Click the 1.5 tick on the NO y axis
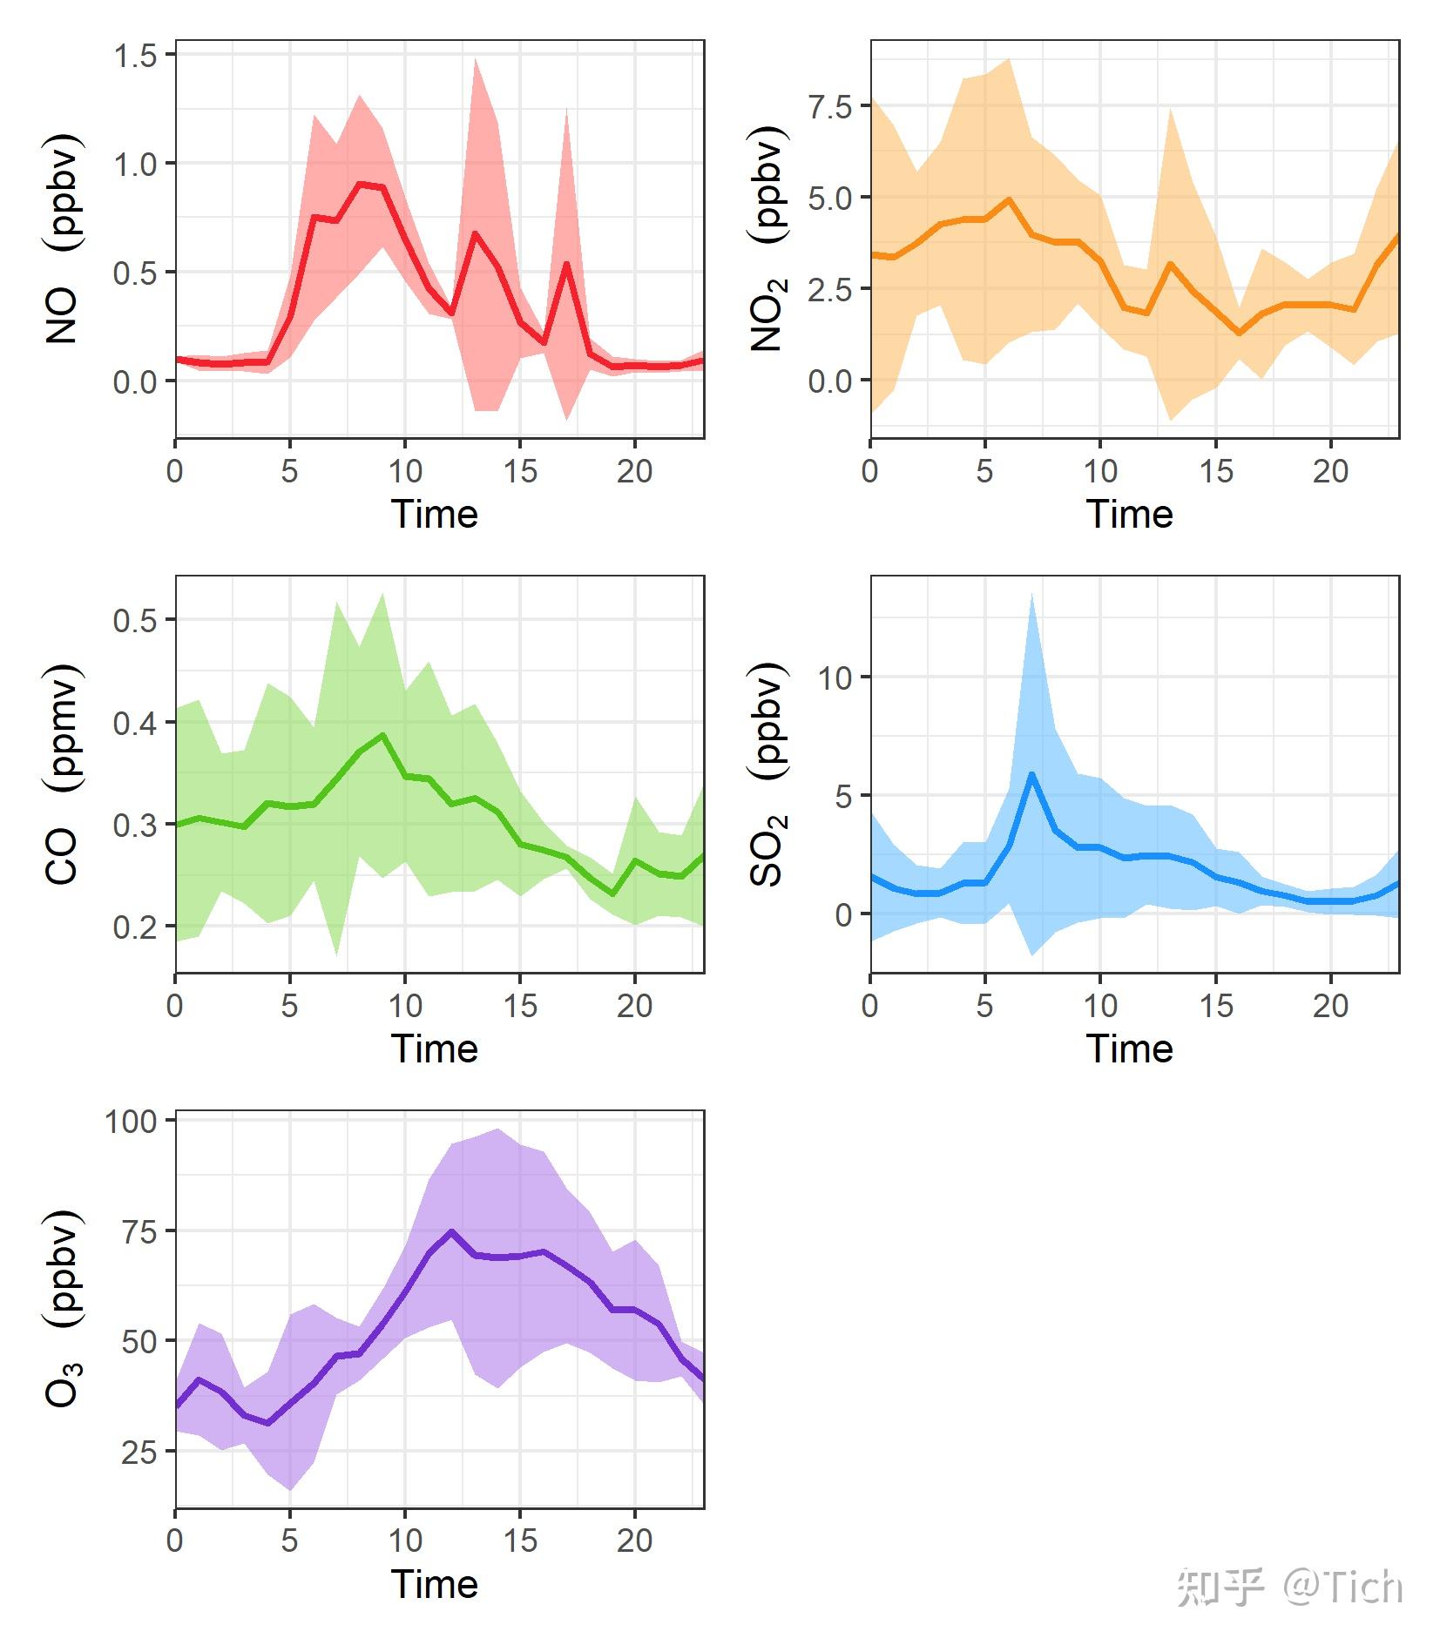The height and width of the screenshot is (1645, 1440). [x=135, y=56]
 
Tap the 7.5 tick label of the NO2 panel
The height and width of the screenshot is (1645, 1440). [x=829, y=107]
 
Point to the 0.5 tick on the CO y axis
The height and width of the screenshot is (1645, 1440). [x=135, y=621]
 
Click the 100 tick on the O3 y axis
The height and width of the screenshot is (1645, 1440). [x=131, y=1122]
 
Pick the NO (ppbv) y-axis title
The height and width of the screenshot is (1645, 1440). [x=64, y=239]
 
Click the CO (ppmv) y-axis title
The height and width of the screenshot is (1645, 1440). [x=64, y=774]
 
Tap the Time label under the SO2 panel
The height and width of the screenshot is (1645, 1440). [x=1129, y=1048]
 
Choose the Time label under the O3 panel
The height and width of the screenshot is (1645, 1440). [x=434, y=1584]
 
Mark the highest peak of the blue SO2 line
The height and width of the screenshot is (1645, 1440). [x=1031, y=773]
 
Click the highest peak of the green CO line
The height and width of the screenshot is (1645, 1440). [x=382, y=735]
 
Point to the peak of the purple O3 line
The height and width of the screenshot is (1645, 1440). [x=451, y=1231]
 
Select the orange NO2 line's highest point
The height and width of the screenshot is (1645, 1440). [x=1009, y=199]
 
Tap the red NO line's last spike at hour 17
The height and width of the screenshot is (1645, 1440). [x=566, y=264]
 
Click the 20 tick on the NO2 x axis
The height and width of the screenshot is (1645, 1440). [x=1330, y=471]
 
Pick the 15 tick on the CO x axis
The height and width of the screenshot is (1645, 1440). [x=520, y=1006]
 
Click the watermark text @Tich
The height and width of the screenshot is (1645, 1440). [x=1342, y=1587]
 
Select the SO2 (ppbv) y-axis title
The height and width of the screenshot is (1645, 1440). [x=768, y=774]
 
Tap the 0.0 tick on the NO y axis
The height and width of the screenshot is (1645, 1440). [x=135, y=381]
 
